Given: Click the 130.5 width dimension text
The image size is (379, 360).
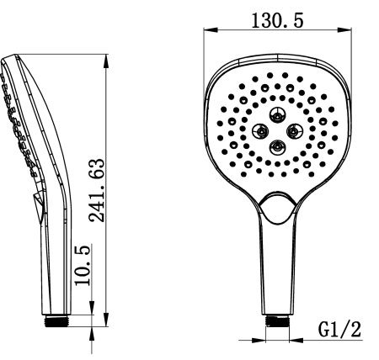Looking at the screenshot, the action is [277, 20].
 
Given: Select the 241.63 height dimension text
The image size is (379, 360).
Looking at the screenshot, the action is [97, 190].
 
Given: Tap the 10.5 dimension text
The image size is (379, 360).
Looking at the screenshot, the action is [83, 265].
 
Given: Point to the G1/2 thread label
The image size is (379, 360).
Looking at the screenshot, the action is [339, 329].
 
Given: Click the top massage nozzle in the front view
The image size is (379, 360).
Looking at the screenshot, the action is [277, 115].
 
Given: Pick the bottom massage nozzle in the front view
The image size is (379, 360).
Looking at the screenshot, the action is [277, 147].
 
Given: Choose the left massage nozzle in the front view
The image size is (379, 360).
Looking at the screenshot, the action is [260, 131].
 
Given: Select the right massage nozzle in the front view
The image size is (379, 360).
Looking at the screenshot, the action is [294, 131].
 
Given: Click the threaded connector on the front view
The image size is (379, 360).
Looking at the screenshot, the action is [277, 320].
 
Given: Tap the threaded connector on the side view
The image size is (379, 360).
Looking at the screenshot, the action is [56, 320].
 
